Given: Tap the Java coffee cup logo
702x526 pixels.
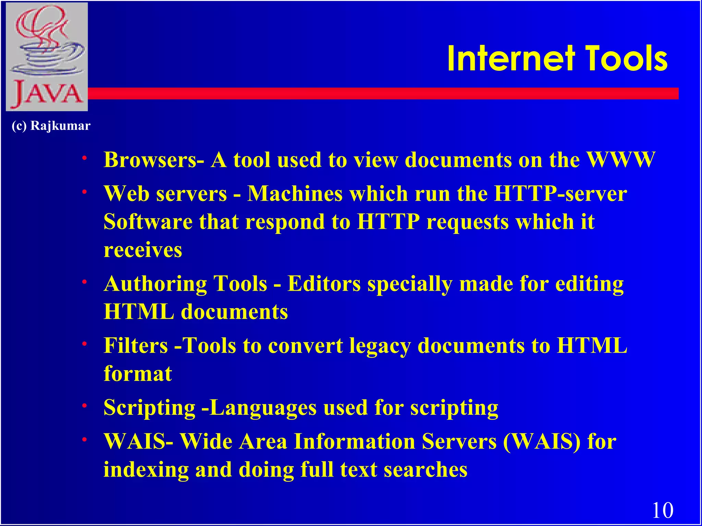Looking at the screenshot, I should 47,57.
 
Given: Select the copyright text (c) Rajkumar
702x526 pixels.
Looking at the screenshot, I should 51,126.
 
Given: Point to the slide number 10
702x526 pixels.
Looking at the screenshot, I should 662,510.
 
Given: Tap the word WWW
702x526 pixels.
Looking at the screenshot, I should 621,160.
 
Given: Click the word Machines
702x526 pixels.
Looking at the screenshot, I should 295,194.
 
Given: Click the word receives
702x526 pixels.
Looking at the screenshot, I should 143,250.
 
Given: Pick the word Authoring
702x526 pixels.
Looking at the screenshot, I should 155,284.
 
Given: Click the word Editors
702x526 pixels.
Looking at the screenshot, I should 324,284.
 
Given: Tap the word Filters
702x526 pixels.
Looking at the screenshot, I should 136,345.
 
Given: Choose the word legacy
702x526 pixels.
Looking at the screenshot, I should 379,346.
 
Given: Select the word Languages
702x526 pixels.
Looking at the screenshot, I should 263,408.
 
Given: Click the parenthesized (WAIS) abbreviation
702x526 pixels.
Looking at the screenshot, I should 542,441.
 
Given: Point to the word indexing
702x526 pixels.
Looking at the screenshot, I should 146,470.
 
